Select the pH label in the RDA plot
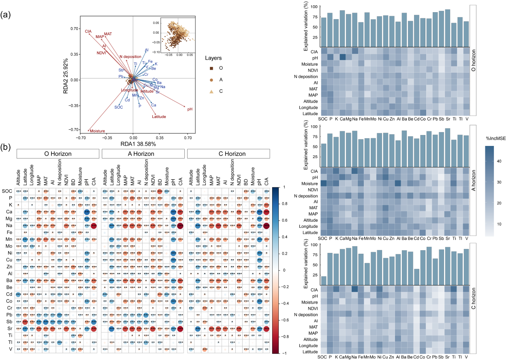190,109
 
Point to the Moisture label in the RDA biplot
97,131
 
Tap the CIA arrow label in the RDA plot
88,31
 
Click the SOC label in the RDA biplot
118,107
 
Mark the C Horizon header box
228,154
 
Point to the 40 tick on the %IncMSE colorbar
499,162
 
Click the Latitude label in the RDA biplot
159,117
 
